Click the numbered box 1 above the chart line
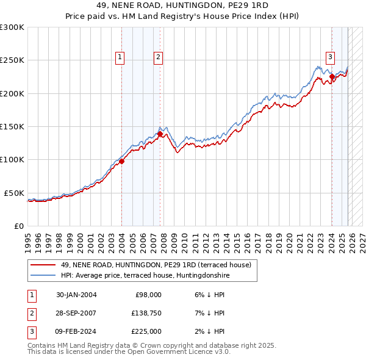tap(120, 57)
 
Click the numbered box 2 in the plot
tap(158, 57)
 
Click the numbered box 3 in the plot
tap(330, 57)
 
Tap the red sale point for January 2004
tap(121, 161)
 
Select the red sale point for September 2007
tap(160, 134)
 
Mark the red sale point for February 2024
tap(332, 77)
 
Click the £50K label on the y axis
tap(14, 193)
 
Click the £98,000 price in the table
tap(148, 294)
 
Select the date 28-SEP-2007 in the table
tap(76, 313)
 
